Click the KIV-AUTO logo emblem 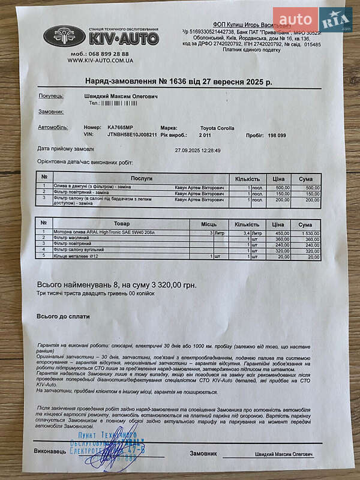[x=64, y=36]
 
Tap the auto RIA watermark [x=312, y=20]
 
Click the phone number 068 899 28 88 [x=101, y=53]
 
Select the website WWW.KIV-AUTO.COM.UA [x=100, y=61]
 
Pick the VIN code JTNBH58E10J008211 [x=132, y=135]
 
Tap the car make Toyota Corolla [x=217, y=128]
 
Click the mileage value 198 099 [x=277, y=136]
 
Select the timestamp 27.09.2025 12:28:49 [x=197, y=151]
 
